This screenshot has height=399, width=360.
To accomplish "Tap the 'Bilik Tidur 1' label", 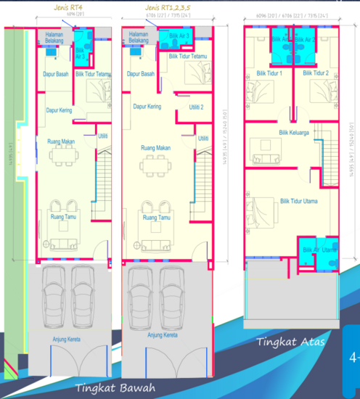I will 269,73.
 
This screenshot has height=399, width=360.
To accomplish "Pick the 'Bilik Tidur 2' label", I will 316,73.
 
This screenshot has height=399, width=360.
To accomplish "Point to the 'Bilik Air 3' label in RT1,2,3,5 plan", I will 179,36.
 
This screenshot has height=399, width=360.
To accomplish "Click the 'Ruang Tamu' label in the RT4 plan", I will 62,217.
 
